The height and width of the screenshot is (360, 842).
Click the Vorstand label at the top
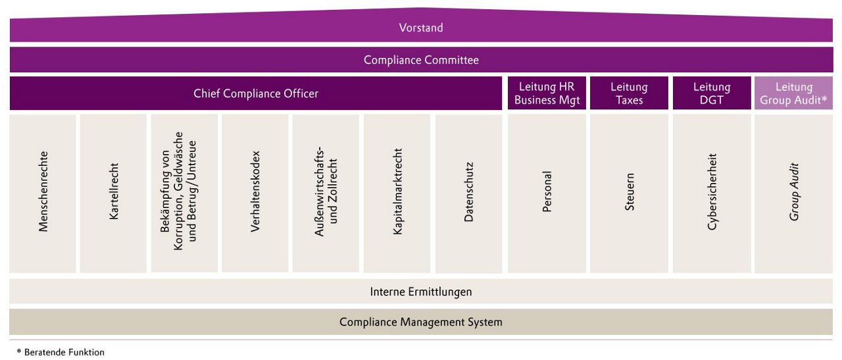pyautogui.click(x=421, y=28)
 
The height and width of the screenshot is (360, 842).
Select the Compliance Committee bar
pyautogui.click(x=421, y=60)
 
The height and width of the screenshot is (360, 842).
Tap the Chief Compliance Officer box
pyautogui.click(x=256, y=93)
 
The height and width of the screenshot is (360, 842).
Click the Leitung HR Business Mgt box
pyautogui.click(x=547, y=93)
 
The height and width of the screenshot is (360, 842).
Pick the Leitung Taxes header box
pyautogui.click(x=629, y=93)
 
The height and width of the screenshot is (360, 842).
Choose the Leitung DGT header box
pyautogui.click(x=712, y=93)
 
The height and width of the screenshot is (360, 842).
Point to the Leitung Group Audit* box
pyautogui.click(x=794, y=93)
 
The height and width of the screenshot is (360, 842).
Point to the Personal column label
pyautogui.click(x=547, y=192)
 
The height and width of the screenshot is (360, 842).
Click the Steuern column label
pyautogui.click(x=630, y=192)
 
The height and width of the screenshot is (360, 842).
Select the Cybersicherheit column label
pyautogui.click(x=712, y=192)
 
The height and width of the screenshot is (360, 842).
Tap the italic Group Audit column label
pyautogui.click(x=794, y=192)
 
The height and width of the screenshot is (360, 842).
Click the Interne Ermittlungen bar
pyautogui.click(x=421, y=292)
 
